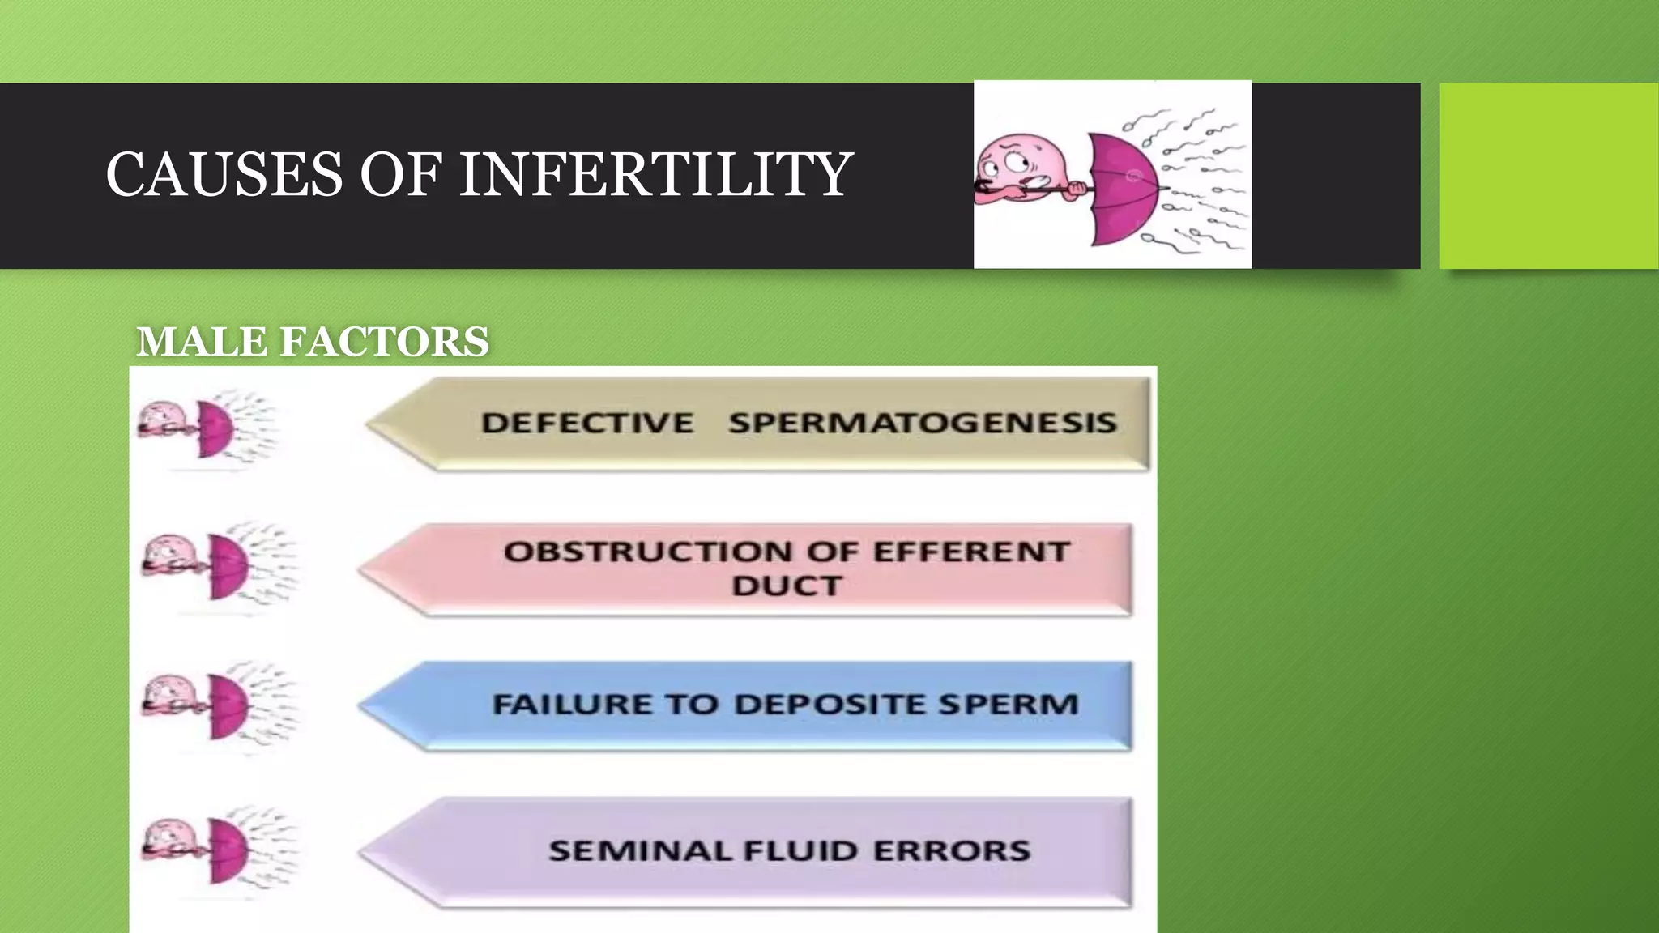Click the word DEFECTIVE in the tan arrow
[587, 423]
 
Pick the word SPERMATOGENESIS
[922, 423]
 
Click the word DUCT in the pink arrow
[787, 586]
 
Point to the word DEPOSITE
[829, 704]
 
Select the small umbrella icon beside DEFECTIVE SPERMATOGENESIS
[215, 427]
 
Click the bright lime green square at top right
[1549, 175]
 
